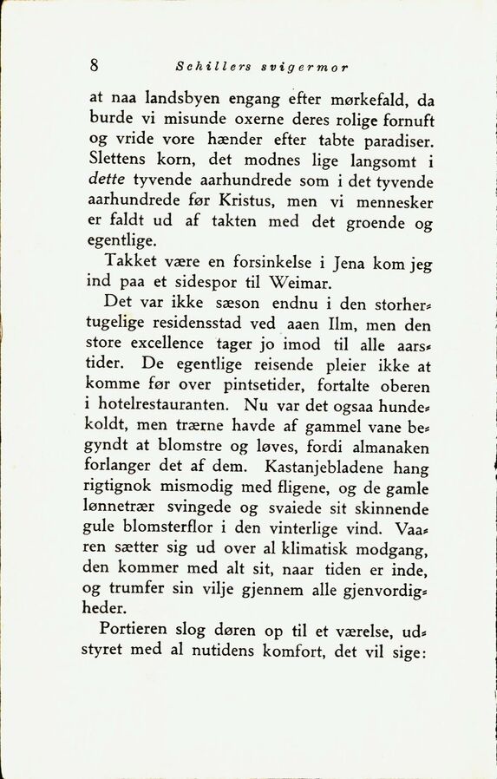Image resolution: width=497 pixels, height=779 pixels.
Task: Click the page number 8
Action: [94, 65]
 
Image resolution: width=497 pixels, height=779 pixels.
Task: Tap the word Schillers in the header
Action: [209, 66]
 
